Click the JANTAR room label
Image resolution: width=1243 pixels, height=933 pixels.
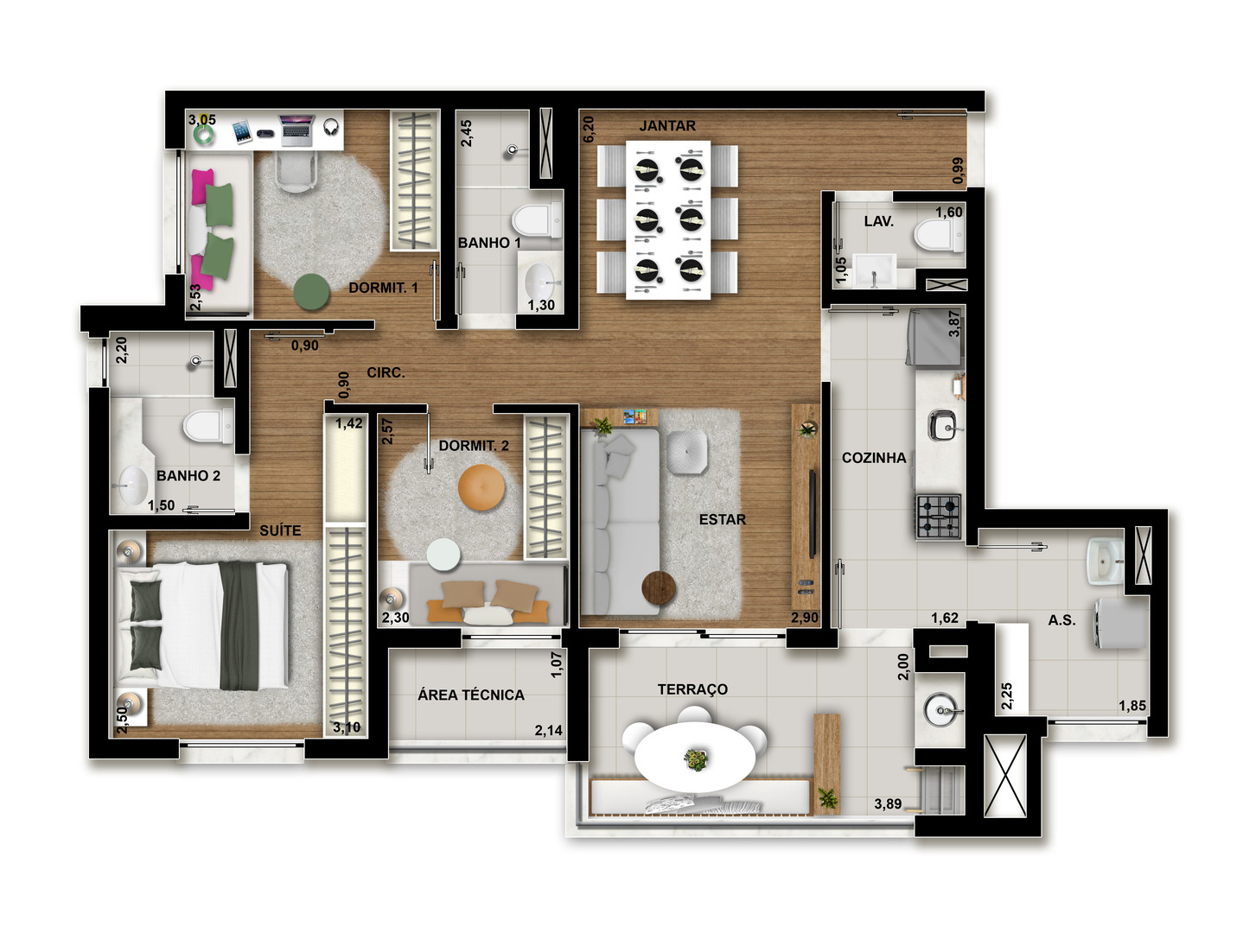[666, 125]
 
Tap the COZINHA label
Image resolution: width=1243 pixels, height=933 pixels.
[873, 458]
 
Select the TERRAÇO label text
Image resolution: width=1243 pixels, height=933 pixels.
[692, 689]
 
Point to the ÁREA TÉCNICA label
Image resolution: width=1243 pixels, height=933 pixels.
[470, 695]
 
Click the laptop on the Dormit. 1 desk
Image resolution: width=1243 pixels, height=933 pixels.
[296, 130]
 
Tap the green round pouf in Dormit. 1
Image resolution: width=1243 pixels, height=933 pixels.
[311, 291]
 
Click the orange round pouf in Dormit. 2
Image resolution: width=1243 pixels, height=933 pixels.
[481, 487]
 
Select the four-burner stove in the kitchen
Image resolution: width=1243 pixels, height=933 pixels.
[938, 516]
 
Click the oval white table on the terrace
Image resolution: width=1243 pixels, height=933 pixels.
[694, 757]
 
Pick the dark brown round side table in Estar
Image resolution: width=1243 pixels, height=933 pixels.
[658, 587]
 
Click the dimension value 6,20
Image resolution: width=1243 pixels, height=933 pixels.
[589, 129]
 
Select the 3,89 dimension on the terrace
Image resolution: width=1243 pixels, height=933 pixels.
[888, 803]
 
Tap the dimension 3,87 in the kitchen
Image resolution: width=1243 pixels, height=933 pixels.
[954, 324]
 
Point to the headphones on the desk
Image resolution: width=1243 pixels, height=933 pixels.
[331, 127]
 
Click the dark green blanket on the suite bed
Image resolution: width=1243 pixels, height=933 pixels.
[239, 625]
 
